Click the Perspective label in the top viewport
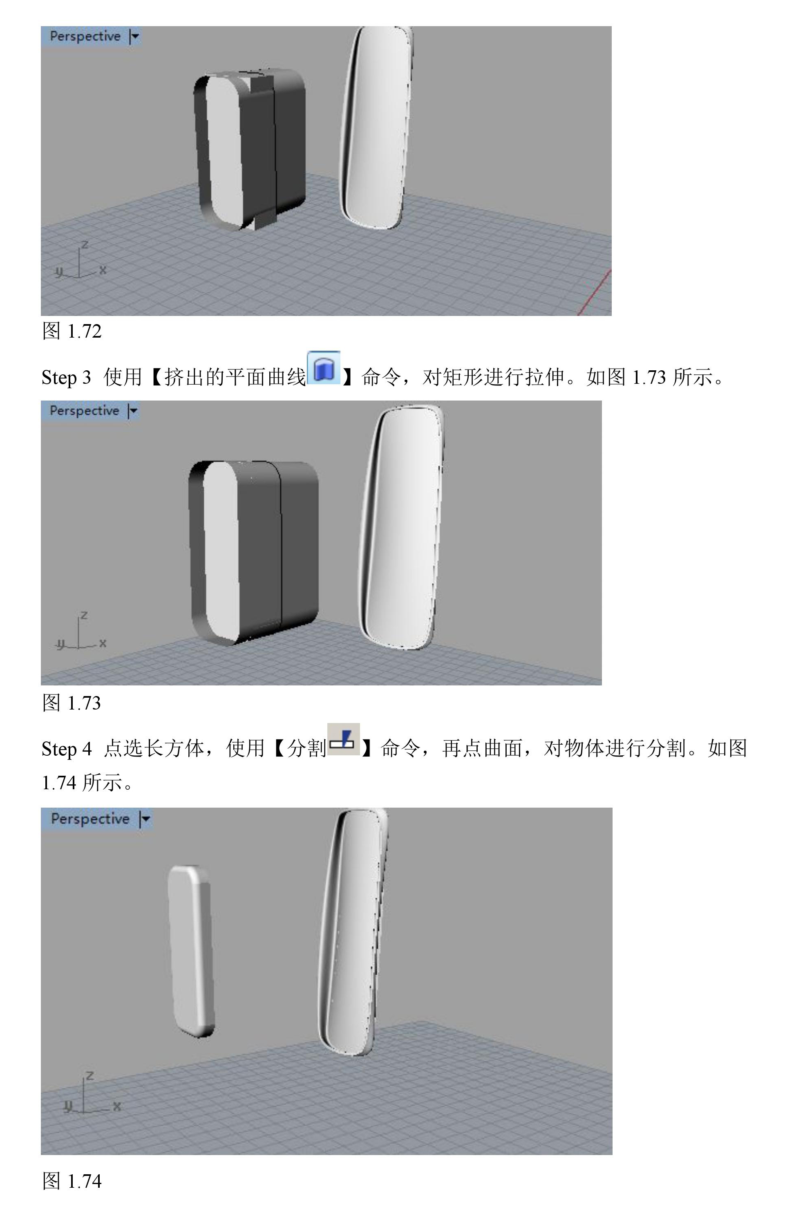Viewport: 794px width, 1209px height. click(x=85, y=36)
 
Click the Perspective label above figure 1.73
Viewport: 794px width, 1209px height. click(x=84, y=410)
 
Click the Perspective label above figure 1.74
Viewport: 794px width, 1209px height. click(x=90, y=818)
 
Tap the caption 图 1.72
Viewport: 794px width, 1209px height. click(x=72, y=331)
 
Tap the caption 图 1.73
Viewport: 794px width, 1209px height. click(x=72, y=703)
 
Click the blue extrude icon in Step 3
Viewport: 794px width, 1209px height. click(x=324, y=368)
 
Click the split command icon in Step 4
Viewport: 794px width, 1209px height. click(x=343, y=740)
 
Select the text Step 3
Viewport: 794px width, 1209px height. click(x=66, y=377)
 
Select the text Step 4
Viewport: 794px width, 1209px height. click(x=67, y=749)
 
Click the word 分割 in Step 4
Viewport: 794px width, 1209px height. click(x=306, y=748)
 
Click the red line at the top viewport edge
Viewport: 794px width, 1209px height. click(x=594, y=293)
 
